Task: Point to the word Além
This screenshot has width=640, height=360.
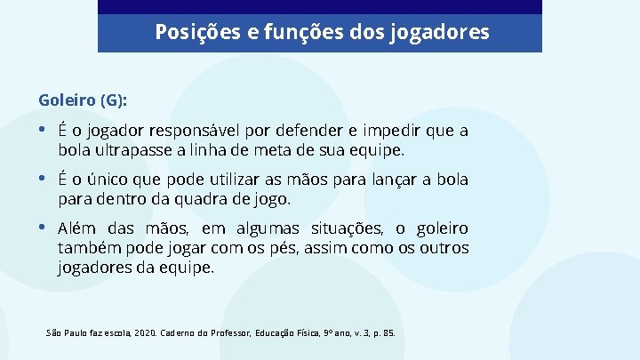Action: pos(77,229)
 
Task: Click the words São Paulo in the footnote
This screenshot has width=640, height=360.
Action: pos(64,333)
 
